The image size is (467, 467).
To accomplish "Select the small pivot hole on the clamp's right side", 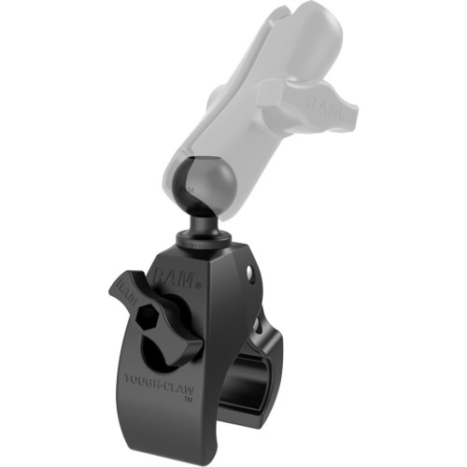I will pos(250,274).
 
